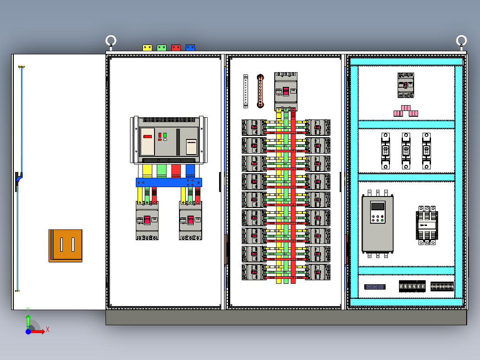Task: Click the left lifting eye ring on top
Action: (111, 41)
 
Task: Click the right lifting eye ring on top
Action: (461, 41)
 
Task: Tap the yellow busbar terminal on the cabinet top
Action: (147, 47)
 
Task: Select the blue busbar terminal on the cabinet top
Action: (190, 47)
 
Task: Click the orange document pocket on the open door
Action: (65, 245)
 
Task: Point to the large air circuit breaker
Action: (169, 140)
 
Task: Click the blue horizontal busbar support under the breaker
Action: (169, 182)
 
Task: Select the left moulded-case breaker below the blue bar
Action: (147, 221)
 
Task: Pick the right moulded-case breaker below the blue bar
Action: (190, 221)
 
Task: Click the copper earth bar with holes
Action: (260, 91)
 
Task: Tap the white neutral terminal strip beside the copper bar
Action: (246, 91)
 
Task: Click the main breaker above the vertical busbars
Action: (285, 91)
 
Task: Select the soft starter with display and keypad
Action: (377, 224)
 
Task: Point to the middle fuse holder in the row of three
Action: (406, 151)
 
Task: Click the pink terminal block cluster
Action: (406, 111)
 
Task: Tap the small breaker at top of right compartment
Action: (406, 85)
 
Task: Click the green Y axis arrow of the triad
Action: (28, 320)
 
